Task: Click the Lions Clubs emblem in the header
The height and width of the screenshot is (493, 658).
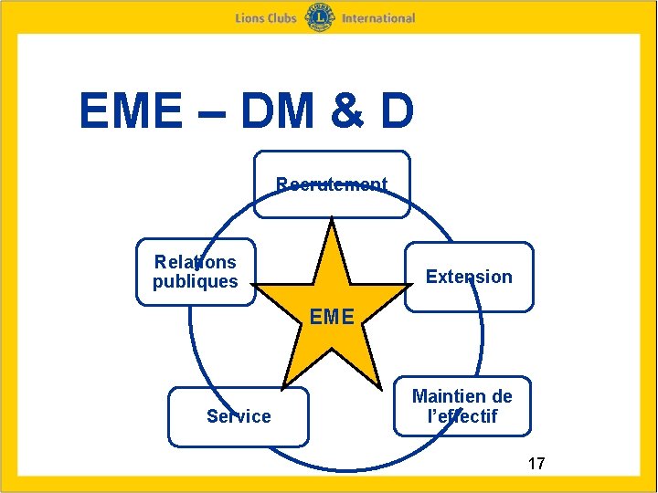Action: tap(319, 17)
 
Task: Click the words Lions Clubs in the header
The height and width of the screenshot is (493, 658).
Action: tap(266, 18)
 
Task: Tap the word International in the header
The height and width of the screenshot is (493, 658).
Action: tap(378, 18)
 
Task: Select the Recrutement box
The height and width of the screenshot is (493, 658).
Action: tap(332, 184)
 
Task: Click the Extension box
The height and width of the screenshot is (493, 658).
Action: tap(469, 277)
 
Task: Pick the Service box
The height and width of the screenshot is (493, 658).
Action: tap(239, 416)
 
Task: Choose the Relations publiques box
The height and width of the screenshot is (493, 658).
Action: tap(195, 272)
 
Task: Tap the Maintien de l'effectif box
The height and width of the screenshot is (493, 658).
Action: tap(462, 406)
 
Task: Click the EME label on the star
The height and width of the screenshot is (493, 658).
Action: tap(331, 318)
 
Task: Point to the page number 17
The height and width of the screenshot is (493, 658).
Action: tap(536, 464)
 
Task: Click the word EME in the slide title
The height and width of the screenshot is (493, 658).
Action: tap(130, 111)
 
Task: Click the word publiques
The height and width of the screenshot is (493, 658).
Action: tap(195, 282)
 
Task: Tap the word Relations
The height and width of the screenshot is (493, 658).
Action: tap(195, 262)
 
